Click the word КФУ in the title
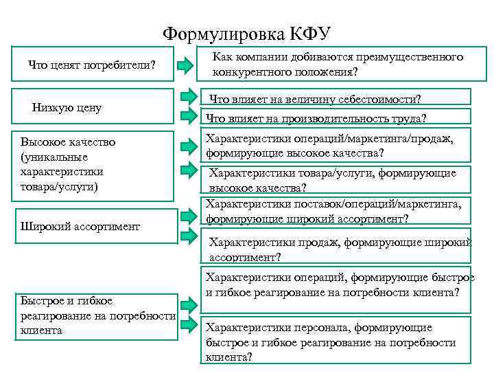tap(307, 33)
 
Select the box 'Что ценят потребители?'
tap(92, 65)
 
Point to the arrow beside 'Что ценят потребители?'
tap(187, 66)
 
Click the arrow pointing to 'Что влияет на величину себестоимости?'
tap(189, 98)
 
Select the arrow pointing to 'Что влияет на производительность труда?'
tap(189, 116)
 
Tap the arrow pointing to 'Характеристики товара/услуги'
tap(189, 170)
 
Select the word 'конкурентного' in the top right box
tap(248, 71)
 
